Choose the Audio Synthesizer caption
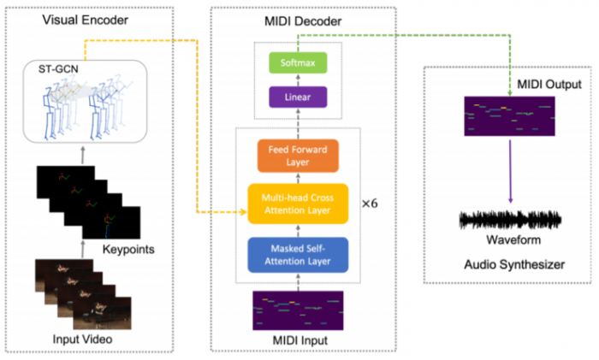pyautogui.click(x=512, y=265)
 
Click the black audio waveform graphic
pyautogui.click(x=511, y=221)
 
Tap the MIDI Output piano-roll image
pyautogui.click(x=509, y=115)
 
